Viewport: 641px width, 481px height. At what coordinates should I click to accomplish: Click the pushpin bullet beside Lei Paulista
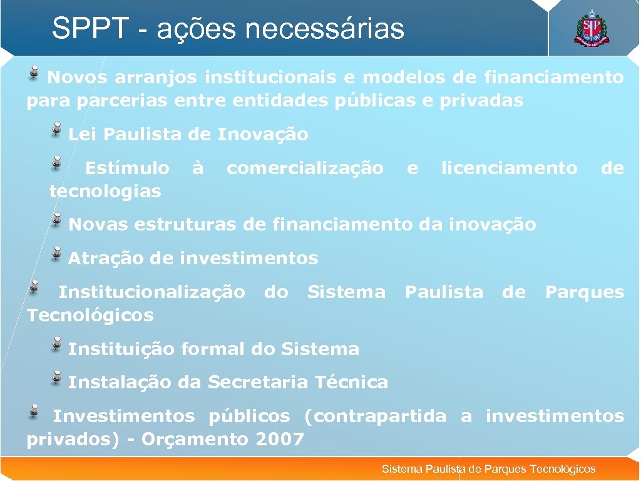[x=58, y=129]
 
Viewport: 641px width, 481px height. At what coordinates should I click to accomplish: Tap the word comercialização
[x=305, y=168]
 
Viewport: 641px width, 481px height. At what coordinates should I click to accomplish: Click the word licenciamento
[x=509, y=168]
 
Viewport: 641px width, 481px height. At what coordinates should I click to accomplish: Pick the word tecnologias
[x=105, y=191]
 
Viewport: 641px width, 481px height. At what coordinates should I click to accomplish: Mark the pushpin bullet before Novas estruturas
[x=58, y=219]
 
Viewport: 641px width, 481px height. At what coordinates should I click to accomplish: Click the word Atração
[x=101, y=258]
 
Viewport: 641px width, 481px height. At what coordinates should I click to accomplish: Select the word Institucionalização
[x=151, y=292]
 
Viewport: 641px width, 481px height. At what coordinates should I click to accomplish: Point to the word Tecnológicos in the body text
[x=90, y=315]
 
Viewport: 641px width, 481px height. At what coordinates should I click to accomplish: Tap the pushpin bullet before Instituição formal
[x=58, y=343]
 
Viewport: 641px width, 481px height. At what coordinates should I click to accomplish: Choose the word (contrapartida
[x=375, y=416]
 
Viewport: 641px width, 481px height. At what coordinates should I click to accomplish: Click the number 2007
[x=280, y=439]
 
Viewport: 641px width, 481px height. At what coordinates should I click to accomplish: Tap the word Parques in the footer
[x=505, y=469]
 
